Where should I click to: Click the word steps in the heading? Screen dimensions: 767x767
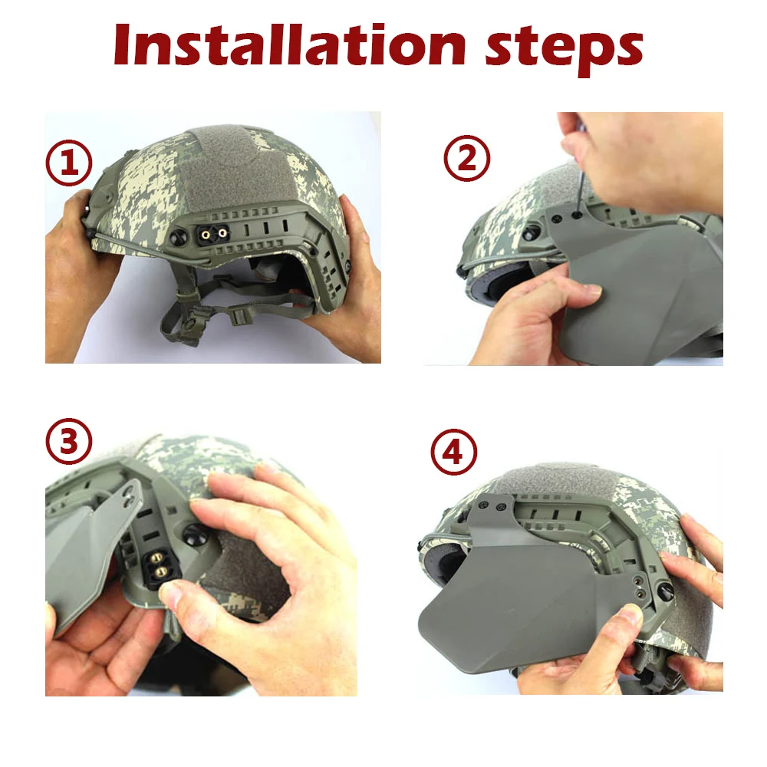(x=564, y=49)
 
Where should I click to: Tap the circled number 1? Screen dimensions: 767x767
(x=69, y=163)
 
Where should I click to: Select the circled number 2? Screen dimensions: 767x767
(x=466, y=159)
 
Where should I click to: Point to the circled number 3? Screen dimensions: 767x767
(x=69, y=442)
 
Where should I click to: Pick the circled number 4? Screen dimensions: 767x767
(x=453, y=453)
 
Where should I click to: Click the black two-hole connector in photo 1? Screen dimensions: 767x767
(x=214, y=235)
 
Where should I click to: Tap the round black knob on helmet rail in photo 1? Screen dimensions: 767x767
(x=178, y=237)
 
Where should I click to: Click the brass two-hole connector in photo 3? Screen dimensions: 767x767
(x=159, y=565)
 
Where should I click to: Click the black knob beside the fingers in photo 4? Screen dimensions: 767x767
(x=666, y=591)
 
